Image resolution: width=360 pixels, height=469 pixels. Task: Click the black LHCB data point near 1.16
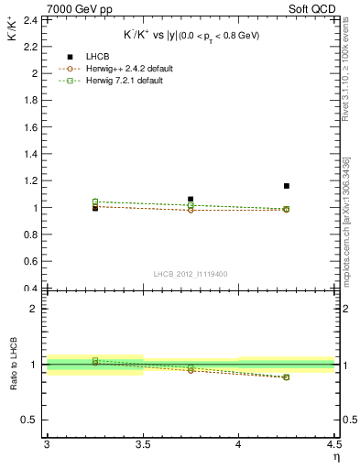287,186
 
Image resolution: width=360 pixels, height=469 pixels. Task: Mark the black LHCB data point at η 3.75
191,199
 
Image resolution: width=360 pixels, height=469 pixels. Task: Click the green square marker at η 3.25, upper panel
95,202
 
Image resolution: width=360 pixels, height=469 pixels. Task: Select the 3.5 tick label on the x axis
143,444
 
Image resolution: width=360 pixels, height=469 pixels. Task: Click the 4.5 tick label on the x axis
333,444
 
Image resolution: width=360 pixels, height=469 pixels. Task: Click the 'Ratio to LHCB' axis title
13,364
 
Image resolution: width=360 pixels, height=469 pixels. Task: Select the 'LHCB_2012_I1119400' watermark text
190,274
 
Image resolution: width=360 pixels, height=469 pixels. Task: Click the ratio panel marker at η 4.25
287,377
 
